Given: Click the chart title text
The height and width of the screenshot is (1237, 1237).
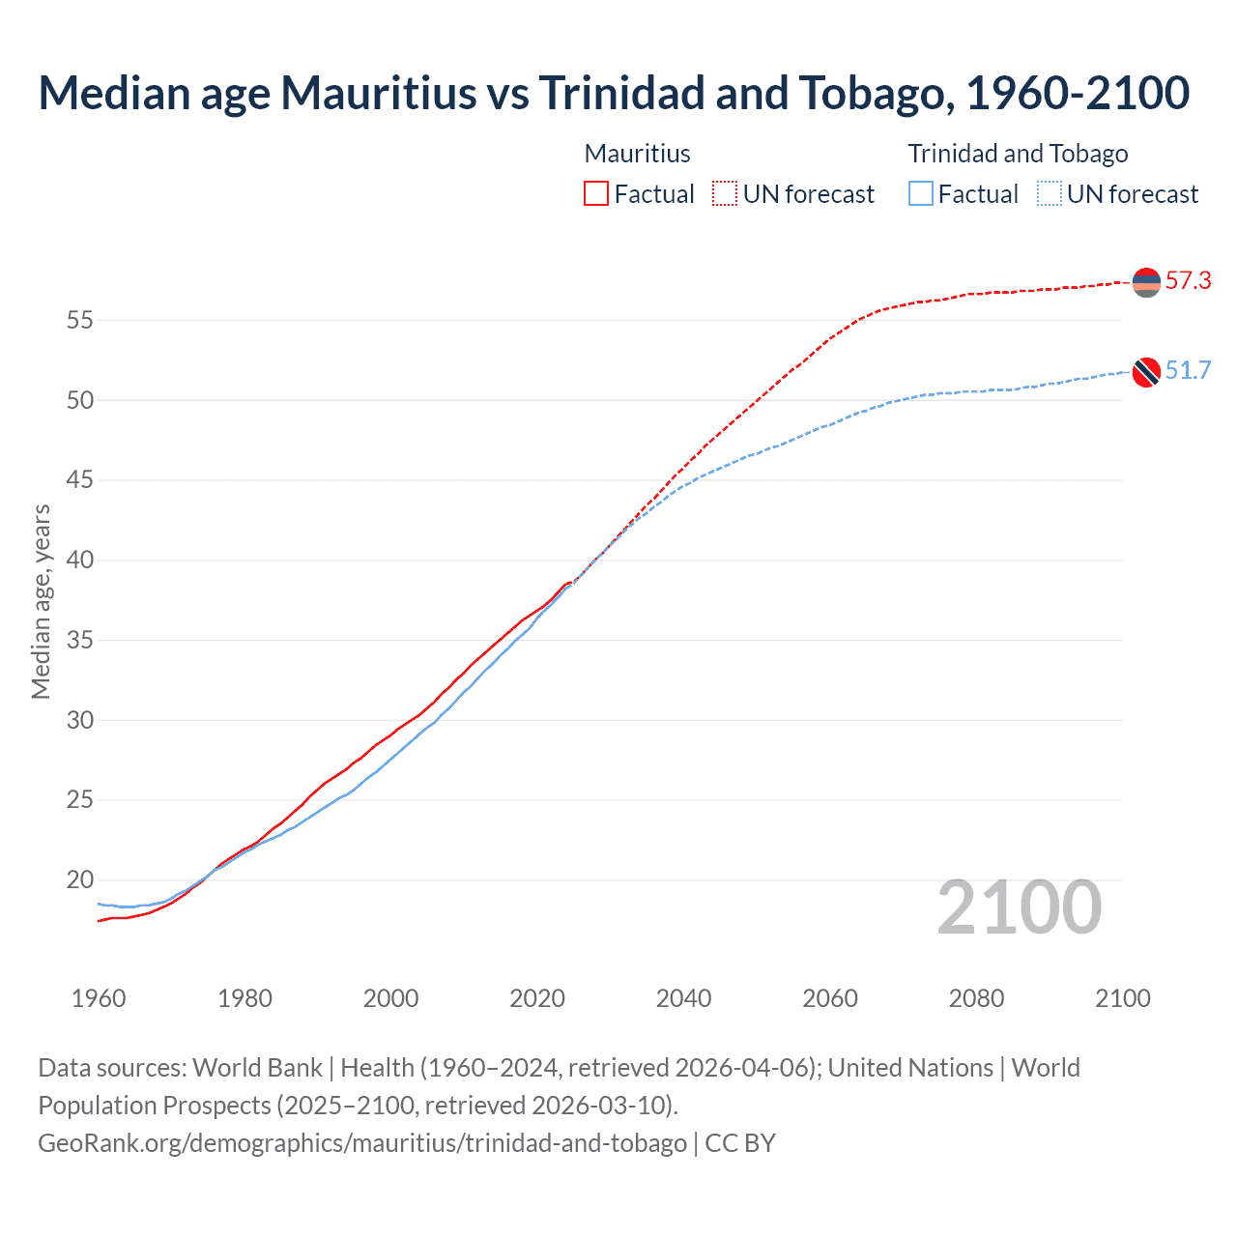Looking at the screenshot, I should [614, 93].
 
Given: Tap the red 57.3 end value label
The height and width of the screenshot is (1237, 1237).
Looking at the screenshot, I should [1188, 281].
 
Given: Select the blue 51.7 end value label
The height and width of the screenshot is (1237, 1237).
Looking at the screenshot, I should [1188, 371].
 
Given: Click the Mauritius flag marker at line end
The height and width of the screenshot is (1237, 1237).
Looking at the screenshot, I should [1146, 282].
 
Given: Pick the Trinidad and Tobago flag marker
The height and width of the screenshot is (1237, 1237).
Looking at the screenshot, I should [1146, 372].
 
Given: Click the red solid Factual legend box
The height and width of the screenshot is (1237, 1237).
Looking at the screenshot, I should [596, 194].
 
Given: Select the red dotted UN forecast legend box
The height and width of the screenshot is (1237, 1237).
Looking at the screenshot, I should [725, 194].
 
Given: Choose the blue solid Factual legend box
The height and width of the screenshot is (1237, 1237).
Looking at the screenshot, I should [921, 194].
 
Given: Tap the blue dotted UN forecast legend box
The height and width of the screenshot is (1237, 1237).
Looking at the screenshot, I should [1050, 194].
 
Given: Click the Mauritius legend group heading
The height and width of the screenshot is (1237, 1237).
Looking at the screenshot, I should [638, 154].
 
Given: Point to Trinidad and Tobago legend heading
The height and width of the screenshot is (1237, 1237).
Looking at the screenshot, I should [1018, 154].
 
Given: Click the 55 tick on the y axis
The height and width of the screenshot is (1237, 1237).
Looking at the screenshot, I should [79, 320].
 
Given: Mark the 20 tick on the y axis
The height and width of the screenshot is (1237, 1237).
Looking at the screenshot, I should [79, 880].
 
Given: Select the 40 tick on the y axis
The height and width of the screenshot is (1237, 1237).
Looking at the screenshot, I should [79, 561].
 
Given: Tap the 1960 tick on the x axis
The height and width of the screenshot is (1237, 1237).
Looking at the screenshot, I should [99, 998].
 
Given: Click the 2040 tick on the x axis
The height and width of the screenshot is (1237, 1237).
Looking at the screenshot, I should [683, 998].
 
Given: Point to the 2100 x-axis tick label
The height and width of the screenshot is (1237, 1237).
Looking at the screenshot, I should [1123, 998].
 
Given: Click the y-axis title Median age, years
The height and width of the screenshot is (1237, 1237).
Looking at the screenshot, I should [41, 601].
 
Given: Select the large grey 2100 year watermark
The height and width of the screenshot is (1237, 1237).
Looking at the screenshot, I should [1019, 907].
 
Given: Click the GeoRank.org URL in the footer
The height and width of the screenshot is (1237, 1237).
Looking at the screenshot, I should [362, 1143].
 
